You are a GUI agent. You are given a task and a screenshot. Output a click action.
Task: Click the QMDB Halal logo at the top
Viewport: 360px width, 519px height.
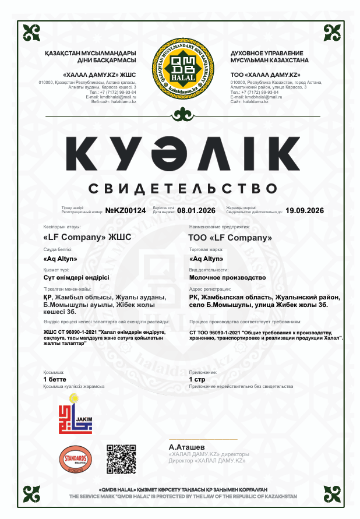point(180,72)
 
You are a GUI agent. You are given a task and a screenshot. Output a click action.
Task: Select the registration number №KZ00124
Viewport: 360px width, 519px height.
point(125,210)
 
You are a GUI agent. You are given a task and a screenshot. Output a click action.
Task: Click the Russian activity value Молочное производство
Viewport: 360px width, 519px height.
point(228,277)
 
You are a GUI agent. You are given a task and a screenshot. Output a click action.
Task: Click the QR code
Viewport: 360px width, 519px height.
point(121,458)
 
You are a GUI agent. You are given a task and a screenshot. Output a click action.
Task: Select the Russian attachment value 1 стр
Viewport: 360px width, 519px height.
point(197,379)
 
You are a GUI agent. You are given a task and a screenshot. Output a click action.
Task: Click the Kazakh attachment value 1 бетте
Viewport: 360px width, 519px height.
point(55,379)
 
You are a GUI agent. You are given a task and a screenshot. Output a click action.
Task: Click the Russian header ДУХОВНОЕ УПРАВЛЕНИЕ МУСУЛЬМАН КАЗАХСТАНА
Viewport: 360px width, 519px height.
point(269,57)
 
